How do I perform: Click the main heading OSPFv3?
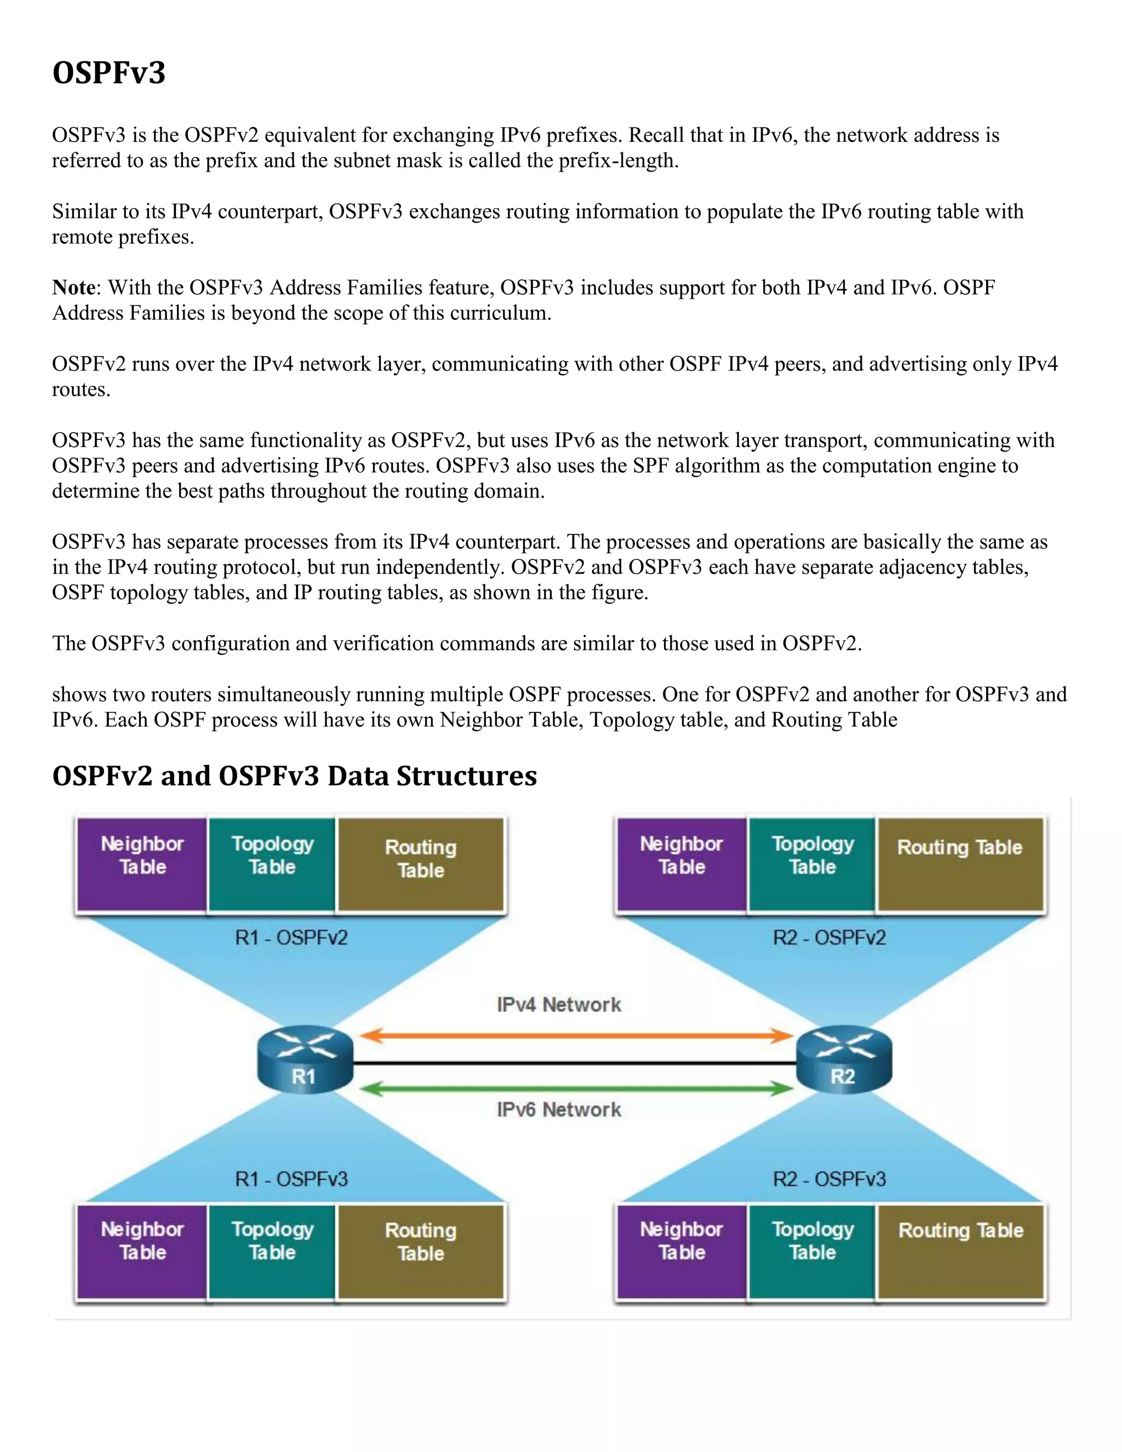pos(109,72)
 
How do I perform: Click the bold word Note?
pos(74,288)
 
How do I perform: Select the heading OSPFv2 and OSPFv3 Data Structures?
pos(294,776)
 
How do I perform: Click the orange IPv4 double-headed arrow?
pos(576,1035)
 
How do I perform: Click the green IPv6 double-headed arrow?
pos(576,1088)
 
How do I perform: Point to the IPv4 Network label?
pos(559,1004)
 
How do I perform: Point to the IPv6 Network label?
pos(559,1110)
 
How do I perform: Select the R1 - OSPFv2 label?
pos(291,938)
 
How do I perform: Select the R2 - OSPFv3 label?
pos(829,1179)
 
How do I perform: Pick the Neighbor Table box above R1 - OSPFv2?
pos(142,864)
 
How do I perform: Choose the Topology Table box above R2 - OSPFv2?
pos(812,864)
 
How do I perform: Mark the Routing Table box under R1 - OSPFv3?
pos(421,1252)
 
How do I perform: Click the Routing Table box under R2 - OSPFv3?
pos(960,1252)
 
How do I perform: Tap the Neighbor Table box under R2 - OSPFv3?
pos(682,1252)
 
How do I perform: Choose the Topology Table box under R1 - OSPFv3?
pos(272,1252)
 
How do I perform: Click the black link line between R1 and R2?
pos(576,1064)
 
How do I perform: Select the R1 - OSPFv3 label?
pos(291,1179)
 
